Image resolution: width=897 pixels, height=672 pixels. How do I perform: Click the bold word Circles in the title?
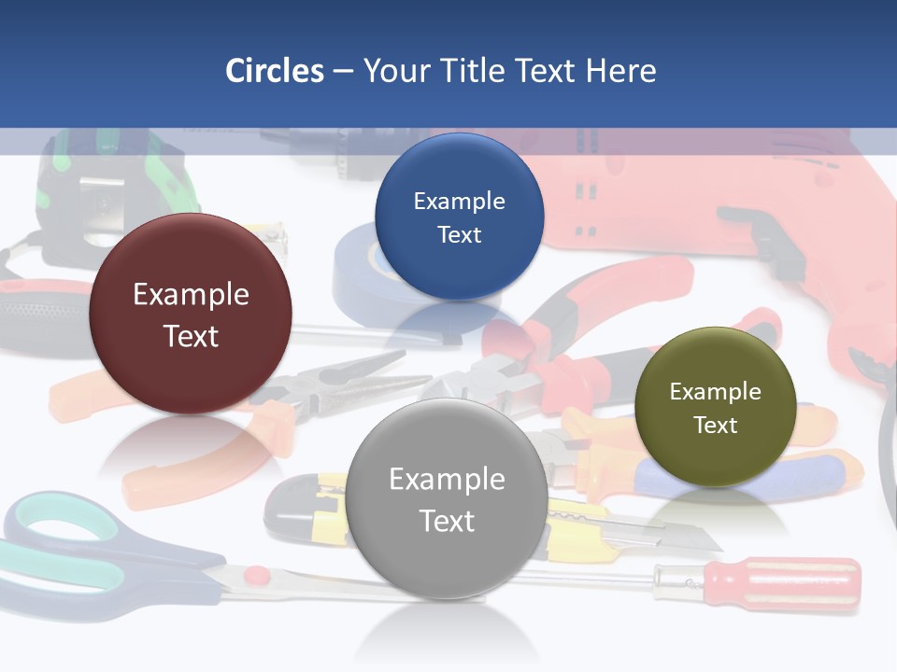click(275, 70)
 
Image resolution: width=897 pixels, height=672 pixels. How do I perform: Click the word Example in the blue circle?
click(459, 201)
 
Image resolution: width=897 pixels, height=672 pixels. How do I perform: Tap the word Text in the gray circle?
click(447, 521)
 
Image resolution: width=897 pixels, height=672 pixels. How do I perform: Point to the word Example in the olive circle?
click(716, 391)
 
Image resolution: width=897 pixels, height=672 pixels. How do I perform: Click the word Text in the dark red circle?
click(191, 336)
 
